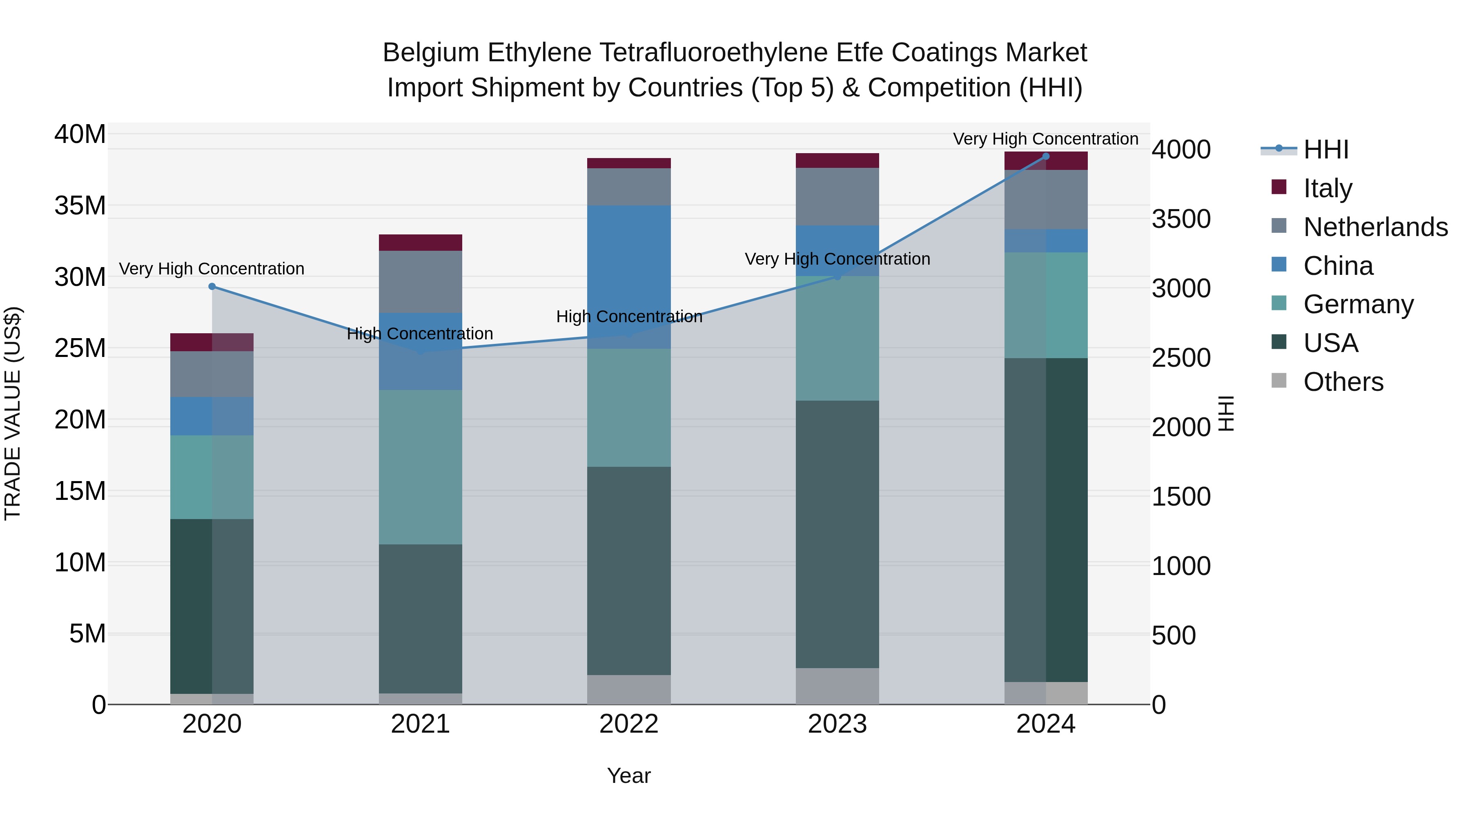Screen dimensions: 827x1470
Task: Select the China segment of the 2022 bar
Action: click(x=629, y=277)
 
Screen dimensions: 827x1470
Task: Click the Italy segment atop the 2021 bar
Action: click(x=421, y=243)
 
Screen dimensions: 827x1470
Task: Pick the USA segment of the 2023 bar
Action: click(x=837, y=534)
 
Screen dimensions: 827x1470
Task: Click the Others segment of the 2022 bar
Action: click(x=629, y=689)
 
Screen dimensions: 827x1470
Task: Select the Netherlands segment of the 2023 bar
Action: click(x=837, y=196)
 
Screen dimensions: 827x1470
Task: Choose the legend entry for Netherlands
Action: click(x=1375, y=227)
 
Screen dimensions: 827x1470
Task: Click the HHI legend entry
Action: click(x=1325, y=149)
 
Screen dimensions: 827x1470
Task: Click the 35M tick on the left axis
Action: click(x=80, y=205)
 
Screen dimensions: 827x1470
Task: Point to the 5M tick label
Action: click(x=87, y=633)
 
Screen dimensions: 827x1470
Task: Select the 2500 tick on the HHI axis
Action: click(x=1180, y=358)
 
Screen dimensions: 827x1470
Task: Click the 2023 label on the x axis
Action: click(x=837, y=724)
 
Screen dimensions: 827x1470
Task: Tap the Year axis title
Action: click(x=629, y=776)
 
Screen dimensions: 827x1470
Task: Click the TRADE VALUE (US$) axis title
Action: click(x=13, y=413)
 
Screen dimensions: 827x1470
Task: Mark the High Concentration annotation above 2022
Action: click(x=629, y=317)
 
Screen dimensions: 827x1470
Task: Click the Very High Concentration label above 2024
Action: click(x=1045, y=139)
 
